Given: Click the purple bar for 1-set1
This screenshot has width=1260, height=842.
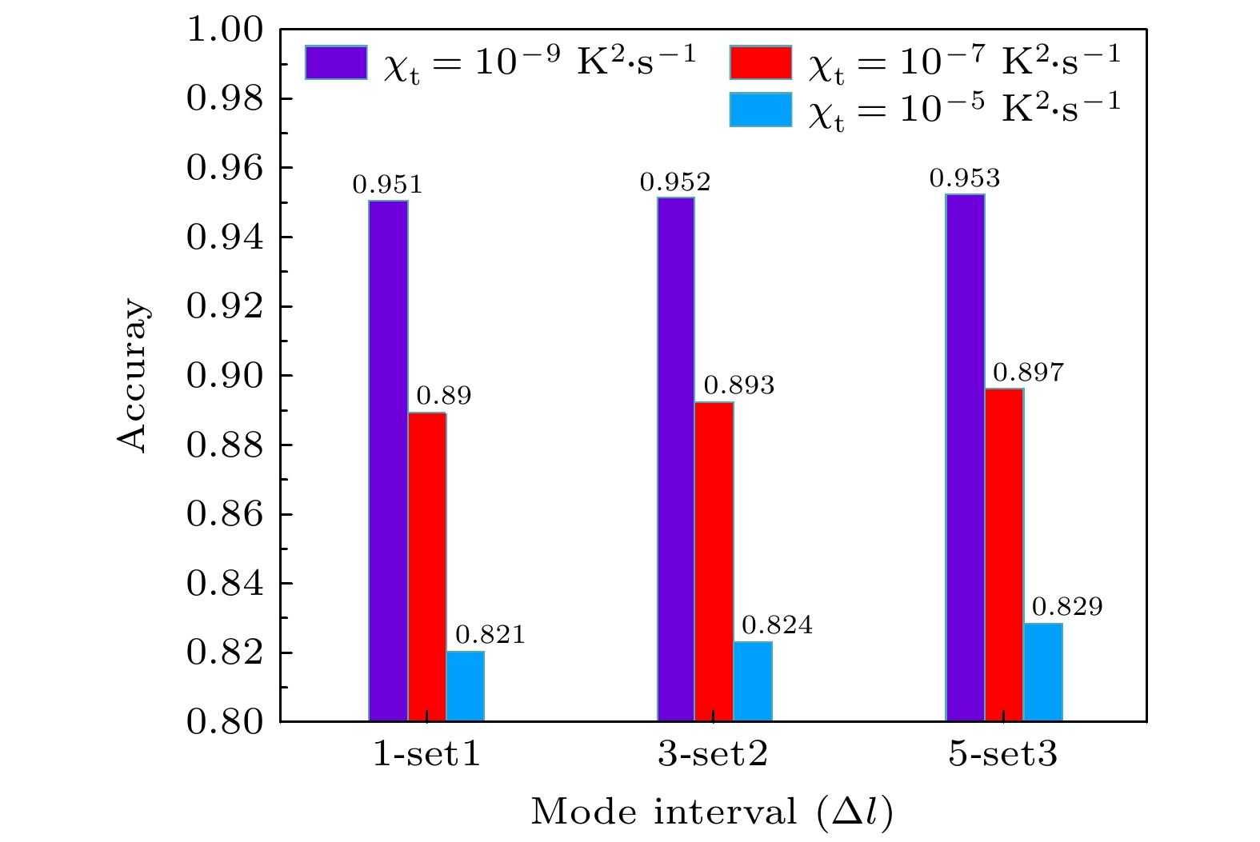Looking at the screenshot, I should click(x=388, y=461).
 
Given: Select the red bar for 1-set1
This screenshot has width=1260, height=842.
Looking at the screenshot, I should click(x=427, y=566).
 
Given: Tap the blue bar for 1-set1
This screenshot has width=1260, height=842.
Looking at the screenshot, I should click(x=466, y=686).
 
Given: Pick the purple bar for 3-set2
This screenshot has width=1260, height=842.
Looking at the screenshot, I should click(x=676, y=459).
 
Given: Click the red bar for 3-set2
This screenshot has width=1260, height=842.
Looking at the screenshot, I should click(x=714, y=561).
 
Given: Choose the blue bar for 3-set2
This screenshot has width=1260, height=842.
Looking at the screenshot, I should click(x=753, y=681).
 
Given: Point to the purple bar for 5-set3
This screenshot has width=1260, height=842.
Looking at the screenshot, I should click(x=965, y=457).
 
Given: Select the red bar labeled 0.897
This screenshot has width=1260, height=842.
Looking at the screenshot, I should click(x=1004, y=555).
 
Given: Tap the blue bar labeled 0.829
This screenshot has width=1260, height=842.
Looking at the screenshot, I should click(x=1043, y=672).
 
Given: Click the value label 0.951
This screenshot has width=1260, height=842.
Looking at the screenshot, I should click(x=387, y=186).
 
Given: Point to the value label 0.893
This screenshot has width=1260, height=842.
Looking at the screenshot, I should click(x=739, y=386).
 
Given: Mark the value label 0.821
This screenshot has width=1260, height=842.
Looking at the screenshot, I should click(x=490, y=635).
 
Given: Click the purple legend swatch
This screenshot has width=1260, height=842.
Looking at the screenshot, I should click(x=336, y=62).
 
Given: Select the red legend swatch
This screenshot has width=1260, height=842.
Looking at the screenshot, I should click(x=760, y=62).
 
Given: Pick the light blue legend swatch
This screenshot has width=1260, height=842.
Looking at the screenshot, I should click(x=760, y=110).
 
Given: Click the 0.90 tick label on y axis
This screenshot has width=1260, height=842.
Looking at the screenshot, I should click(x=225, y=376).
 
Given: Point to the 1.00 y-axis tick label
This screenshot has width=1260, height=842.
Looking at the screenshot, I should click(x=225, y=30).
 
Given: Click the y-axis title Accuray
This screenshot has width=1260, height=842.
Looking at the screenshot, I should click(x=133, y=376).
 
